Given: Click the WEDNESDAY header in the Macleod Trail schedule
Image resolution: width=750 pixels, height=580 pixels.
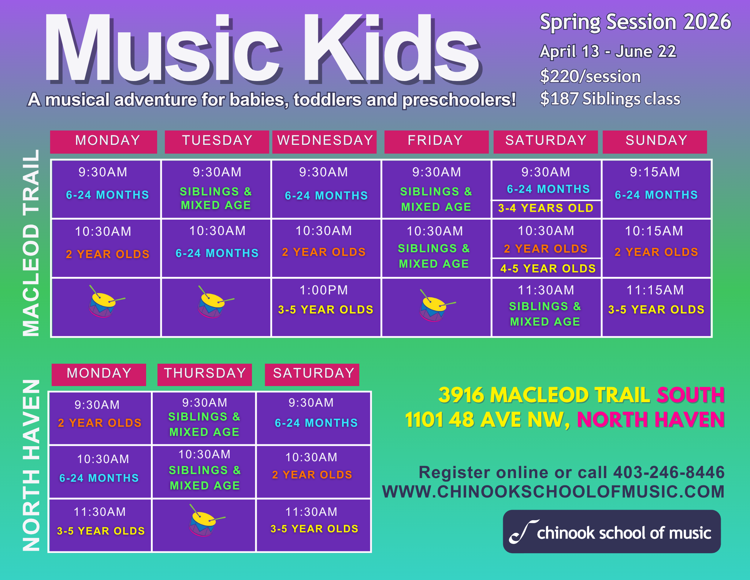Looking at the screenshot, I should tap(325, 141).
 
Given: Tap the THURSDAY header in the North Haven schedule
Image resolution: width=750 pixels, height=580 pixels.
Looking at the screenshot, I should tap(205, 374).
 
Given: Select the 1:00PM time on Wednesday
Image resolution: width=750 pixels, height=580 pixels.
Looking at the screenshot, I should tap(324, 290).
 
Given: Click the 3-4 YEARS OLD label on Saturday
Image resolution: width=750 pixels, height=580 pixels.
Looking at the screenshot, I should tap(546, 208).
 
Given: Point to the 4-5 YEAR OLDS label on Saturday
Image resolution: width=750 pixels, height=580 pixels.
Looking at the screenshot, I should tap(548, 269).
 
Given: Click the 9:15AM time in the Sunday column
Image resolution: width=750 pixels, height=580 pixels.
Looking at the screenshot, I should tap(655, 172).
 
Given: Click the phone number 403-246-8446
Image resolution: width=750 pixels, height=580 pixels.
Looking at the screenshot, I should tap(669, 473).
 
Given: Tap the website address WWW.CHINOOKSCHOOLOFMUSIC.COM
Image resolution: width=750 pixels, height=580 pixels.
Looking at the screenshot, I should tap(553, 492).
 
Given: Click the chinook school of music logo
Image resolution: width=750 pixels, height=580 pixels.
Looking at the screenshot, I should tap(612, 532).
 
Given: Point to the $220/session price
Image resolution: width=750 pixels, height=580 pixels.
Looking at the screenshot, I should tap(590, 77).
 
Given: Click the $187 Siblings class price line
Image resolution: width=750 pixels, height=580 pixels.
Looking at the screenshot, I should tap(610, 99).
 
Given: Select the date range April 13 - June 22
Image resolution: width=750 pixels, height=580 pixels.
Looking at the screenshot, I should tap(608, 51).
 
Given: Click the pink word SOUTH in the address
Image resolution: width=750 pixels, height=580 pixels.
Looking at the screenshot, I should tap(691, 395).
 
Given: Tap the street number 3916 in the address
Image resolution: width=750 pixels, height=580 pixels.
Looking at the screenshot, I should tap(461, 395).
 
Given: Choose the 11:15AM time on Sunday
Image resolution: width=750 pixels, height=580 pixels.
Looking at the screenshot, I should tap(655, 290).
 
